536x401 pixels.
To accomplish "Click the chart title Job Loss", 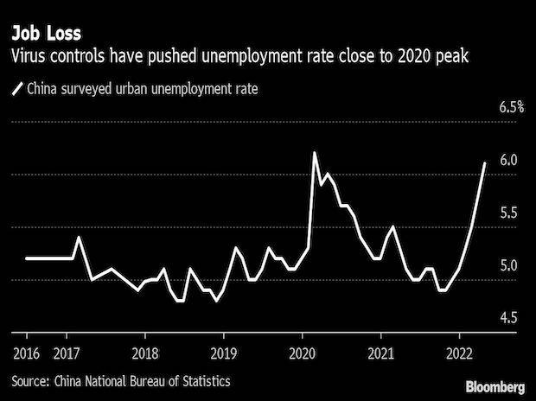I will point(46,35).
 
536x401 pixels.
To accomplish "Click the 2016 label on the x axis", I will point(26,353).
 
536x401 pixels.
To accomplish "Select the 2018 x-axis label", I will point(145,353).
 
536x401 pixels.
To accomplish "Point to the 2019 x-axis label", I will point(224,353).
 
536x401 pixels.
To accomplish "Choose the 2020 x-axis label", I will point(303,353).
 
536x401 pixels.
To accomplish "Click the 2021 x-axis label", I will point(381,353).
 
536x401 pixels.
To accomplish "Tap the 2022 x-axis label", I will point(460,353).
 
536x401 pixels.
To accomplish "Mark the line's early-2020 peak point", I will point(314,153).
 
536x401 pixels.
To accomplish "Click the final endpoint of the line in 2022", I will point(485,162).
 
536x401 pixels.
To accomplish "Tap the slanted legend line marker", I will point(17,87).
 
